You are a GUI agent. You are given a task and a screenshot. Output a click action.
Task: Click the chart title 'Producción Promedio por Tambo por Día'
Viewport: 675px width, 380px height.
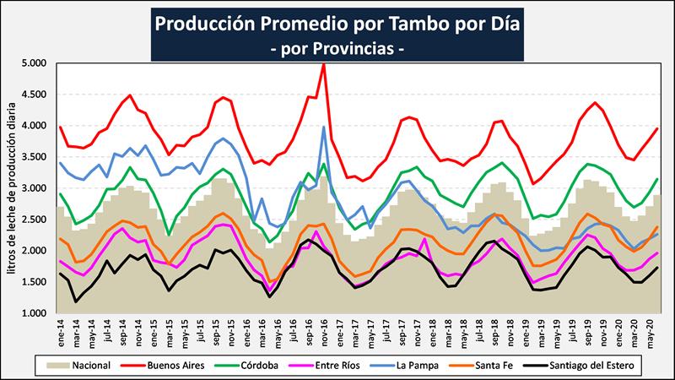337,23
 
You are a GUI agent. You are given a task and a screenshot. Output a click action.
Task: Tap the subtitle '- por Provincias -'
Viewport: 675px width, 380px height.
337,48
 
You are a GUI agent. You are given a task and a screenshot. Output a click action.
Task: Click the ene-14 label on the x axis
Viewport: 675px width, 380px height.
60,331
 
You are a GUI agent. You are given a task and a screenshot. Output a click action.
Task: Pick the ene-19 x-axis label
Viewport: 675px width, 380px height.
532,331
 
